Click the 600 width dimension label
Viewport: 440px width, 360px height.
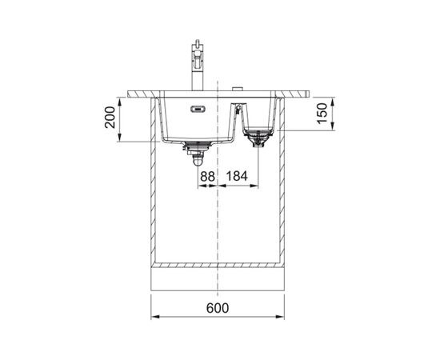[218, 308]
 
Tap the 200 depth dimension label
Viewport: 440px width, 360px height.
[110, 118]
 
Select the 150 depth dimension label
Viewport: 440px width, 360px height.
[322, 113]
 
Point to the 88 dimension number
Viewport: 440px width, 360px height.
[208, 177]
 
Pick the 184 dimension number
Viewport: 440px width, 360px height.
[237, 176]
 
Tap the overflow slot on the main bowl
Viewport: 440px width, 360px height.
[198, 109]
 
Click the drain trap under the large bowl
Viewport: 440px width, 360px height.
[198, 154]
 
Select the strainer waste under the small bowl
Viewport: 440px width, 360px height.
[258, 138]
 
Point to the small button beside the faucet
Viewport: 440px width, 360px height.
[238, 89]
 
